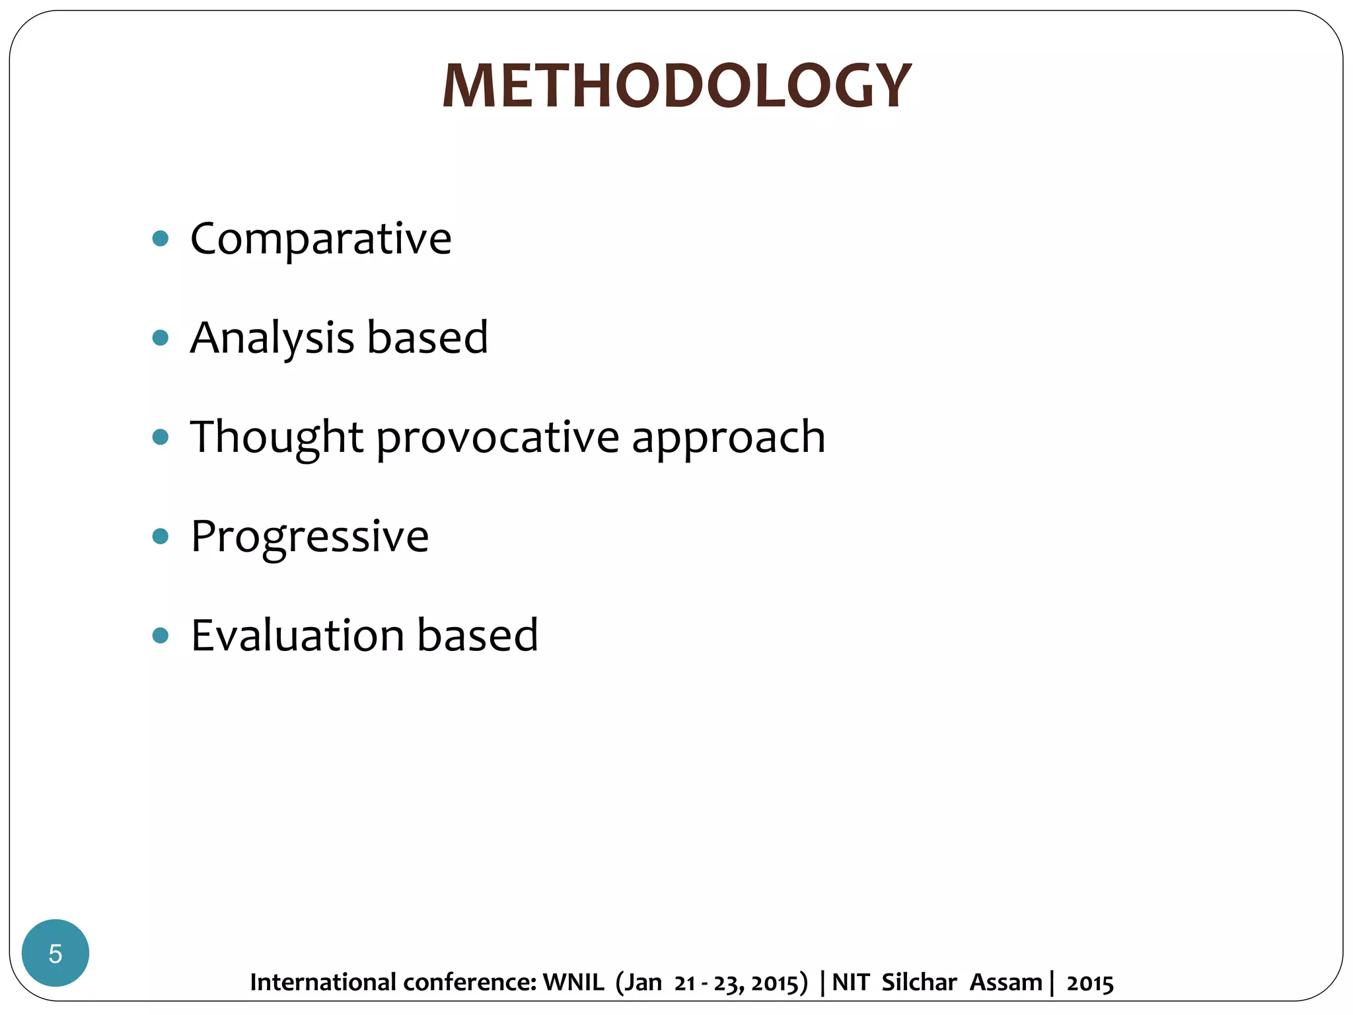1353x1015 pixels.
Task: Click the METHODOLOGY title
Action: (x=676, y=86)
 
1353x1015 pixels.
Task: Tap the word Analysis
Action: (x=272, y=338)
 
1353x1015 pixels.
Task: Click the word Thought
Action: (x=277, y=437)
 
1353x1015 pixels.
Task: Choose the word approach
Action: (x=729, y=438)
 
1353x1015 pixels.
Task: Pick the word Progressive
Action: (x=310, y=537)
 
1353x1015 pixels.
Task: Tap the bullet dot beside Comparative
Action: (x=161, y=238)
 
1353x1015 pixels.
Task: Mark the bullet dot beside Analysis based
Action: (x=161, y=338)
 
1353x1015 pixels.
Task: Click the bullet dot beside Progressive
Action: (x=161, y=536)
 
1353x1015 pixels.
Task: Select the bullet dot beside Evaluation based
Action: (x=161, y=635)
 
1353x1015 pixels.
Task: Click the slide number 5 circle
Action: (x=55, y=953)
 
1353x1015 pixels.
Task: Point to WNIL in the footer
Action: (x=573, y=983)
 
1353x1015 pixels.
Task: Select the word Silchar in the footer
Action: (x=919, y=983)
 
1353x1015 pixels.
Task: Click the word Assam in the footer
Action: (x=1006, y=983)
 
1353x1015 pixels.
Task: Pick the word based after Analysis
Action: (x=427, y=338)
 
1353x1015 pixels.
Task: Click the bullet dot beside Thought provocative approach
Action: (x=161, y=437)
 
